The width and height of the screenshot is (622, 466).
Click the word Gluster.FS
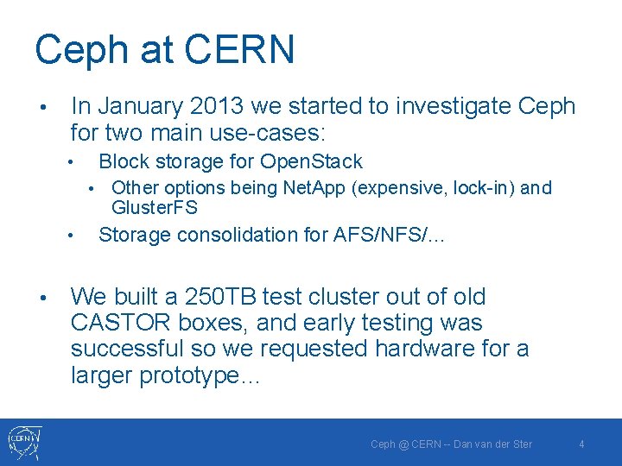pos(155,208)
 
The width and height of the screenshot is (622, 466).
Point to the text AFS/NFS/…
pos(389,235)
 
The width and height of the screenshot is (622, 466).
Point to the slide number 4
pos(581,444)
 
